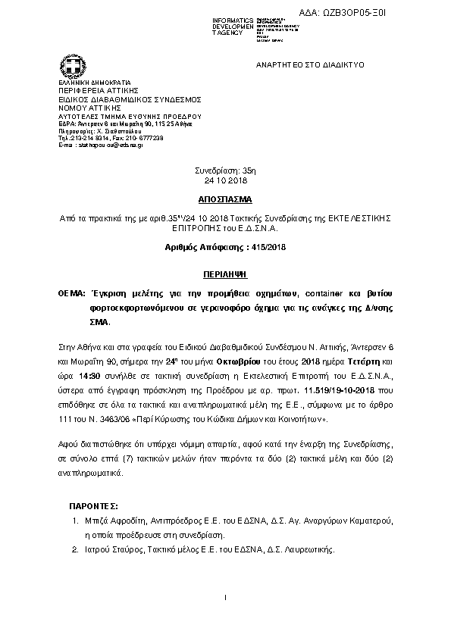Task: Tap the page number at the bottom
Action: [x=226, y=599]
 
